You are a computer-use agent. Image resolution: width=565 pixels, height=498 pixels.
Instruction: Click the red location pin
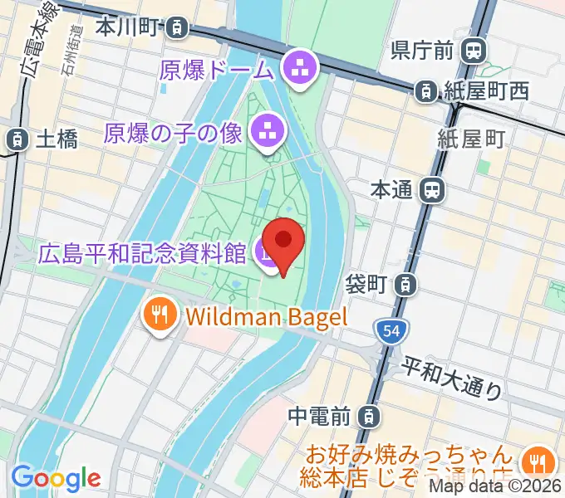[x=283, y=243]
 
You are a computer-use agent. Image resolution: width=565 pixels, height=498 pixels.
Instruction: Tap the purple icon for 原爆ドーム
[x=297, y=69]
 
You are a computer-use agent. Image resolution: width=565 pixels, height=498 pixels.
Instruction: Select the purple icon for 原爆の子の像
[x=268, y=129]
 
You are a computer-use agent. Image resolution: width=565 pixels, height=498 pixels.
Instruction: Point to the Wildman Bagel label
[x=266, y=315]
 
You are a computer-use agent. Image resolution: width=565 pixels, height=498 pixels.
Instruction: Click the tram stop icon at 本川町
[x=176, y=27]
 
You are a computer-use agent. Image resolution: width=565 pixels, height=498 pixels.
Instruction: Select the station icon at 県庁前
[x=474, y=51]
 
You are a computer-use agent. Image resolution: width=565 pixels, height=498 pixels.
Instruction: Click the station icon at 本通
[x=431, y=190]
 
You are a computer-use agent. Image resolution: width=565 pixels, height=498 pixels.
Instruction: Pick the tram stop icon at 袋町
[x=405, y=285]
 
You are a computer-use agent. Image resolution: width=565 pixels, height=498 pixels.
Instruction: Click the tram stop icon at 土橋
[x=14, y=139]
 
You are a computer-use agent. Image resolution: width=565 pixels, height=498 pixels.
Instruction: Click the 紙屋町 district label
[x=472, y=139]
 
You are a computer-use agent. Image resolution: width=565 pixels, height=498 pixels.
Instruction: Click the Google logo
[x=56, y=478]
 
